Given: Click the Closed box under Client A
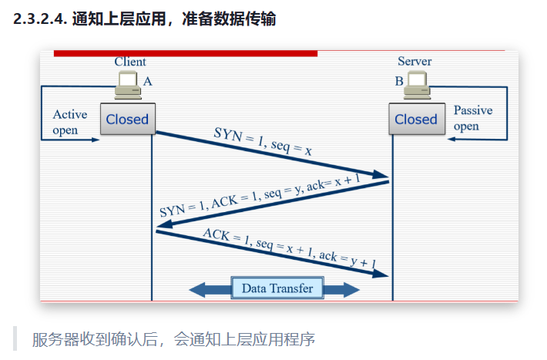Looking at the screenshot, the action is pyautogui.click(x=128, y=119).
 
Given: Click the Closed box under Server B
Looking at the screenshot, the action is pyautogui.click(x=417, y=119).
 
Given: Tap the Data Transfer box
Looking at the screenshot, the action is pyautogui.click(x=277, y=288).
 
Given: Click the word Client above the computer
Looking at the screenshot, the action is pyautogui.click(x=130, y=62).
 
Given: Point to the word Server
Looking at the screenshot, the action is pyautogui.click(x=414, y=62).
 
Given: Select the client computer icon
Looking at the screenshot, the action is pyautogui.click(x=128, y=85).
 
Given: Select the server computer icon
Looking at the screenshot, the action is pyautogui.click(x=418, y=85).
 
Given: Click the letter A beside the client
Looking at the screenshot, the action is pyautogui.click(x=148, y=82).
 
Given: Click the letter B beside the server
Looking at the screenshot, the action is pyautogui.click(x=399, y=82).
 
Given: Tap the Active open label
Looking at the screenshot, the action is pyautogui.click(x=70, y=123).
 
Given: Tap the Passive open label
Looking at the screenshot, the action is pyautogui.click(x=473, y=118).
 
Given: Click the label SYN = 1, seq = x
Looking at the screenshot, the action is pyautogui.click(x=263, y=141).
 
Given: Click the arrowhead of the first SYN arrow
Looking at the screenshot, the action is pyautogui.click(x=381, y=174).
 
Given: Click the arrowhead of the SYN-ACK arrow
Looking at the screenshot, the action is pyautogui.click(x=165, y=224).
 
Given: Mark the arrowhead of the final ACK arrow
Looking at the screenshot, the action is pyautogui.click(x=381, y=274).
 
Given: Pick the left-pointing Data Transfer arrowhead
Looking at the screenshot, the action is pyautogui.click(x=197, y=290).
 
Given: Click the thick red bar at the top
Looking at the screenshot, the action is pyautogui.click(x=186, y=53).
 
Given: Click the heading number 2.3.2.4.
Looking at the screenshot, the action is pyautogui.click(x=40, y=19).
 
